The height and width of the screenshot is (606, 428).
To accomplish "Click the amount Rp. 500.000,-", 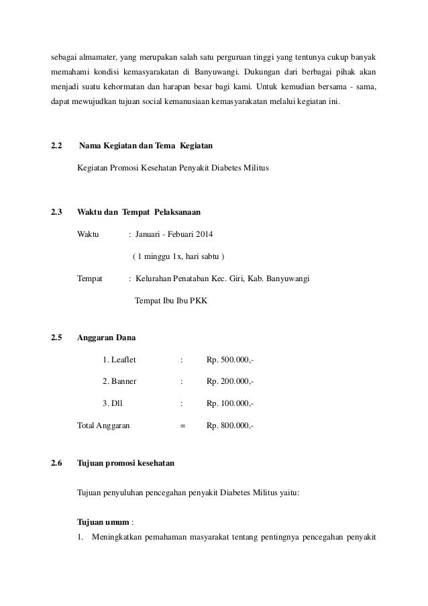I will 230,360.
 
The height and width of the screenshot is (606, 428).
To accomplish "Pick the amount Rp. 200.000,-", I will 230,382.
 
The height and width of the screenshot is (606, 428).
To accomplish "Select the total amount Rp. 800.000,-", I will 230,425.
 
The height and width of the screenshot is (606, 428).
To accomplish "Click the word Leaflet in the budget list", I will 123,360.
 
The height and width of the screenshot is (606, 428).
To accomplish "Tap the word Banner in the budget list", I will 124,382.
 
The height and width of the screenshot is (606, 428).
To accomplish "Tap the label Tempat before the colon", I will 90,279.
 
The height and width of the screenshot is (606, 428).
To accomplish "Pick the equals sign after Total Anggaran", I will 182,425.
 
